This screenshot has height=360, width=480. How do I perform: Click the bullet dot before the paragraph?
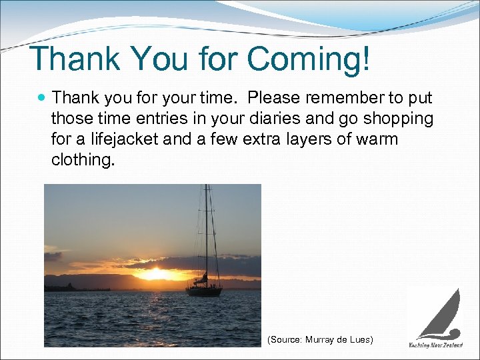[x=43, y=98]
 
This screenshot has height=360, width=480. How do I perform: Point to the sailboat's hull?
[x=204, y=291]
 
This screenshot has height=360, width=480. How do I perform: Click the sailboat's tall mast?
[x=207, y=233]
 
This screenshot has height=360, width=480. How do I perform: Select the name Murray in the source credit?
[x=325, y=340]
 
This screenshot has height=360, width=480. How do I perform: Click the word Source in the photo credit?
[x=285, y=340]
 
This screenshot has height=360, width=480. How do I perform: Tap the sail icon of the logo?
[x=443, y=313]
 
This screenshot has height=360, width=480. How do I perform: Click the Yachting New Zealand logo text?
[x=435, y=345]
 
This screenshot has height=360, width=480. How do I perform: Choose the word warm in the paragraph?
[x=378, y=140]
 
